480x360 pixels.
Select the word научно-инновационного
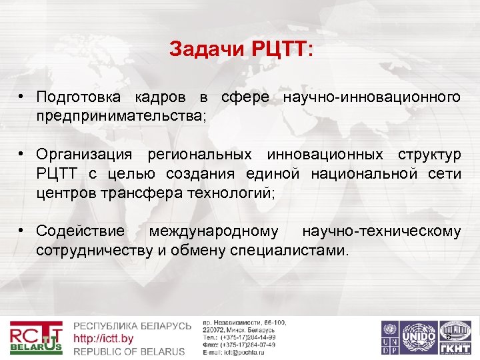click(x=372, y=97)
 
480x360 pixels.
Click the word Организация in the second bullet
click(x=85, y=155)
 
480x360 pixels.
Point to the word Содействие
click(x=81, y=231)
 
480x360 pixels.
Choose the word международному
click(x=214, y=231)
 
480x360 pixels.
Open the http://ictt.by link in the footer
click(x=103, y=339)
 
